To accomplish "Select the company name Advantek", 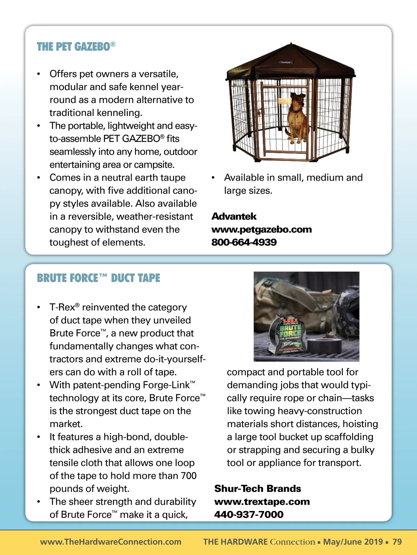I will [234, 216].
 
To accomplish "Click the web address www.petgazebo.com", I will [261, 230].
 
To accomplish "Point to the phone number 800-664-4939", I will [244, 242].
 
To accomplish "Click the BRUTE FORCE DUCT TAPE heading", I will [98, 278].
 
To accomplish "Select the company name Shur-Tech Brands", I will [257, 489].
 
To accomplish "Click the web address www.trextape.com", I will [262, 502].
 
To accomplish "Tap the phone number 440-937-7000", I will [249, 515].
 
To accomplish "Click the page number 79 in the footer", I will [397, 542].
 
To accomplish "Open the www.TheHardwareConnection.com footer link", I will [111, 542].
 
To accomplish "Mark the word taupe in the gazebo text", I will [172, 178].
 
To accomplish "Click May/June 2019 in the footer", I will [353, 542].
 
